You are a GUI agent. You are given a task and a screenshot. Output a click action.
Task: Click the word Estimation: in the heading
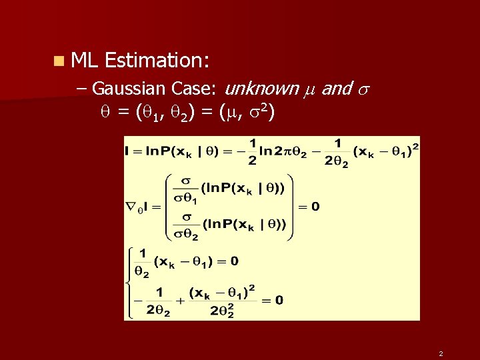point(157,61)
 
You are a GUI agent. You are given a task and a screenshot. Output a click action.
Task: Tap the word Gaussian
point(129,88)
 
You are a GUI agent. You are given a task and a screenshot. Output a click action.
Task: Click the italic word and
point(336,88)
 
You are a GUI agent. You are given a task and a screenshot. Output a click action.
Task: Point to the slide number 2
point(441,353)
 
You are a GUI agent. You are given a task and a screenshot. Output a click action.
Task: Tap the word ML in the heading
point(84,61)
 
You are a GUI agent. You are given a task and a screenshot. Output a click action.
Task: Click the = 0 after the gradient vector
point(309,207)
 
